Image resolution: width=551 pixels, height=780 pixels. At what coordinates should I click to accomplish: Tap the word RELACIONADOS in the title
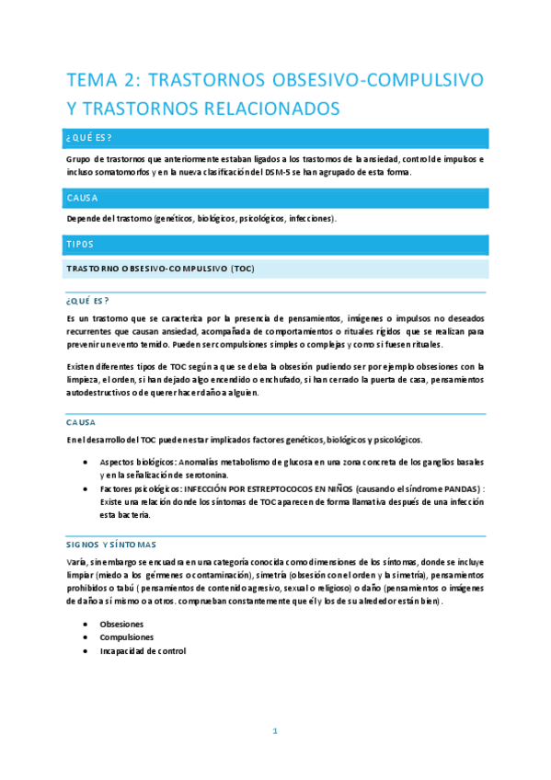[x=267, y=109]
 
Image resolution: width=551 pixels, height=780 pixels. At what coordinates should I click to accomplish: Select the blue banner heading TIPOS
[x=80, y=245]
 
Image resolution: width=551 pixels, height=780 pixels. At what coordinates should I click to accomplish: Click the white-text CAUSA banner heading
[x=83, y=198]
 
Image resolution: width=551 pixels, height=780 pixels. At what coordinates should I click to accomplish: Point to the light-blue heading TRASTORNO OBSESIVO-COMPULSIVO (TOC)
[x=159, y=269]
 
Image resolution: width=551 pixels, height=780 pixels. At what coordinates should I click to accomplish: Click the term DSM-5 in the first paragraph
[x=281, y=172]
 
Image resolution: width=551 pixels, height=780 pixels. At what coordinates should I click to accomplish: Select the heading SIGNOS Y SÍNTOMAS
[x=111, y=544]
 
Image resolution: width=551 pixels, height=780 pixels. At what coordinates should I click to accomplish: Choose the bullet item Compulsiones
[x=127, y=637]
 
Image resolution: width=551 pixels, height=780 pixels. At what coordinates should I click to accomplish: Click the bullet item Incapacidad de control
[x=143, y=650]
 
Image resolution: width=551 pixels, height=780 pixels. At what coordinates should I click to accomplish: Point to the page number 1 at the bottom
[x=274, y=731]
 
